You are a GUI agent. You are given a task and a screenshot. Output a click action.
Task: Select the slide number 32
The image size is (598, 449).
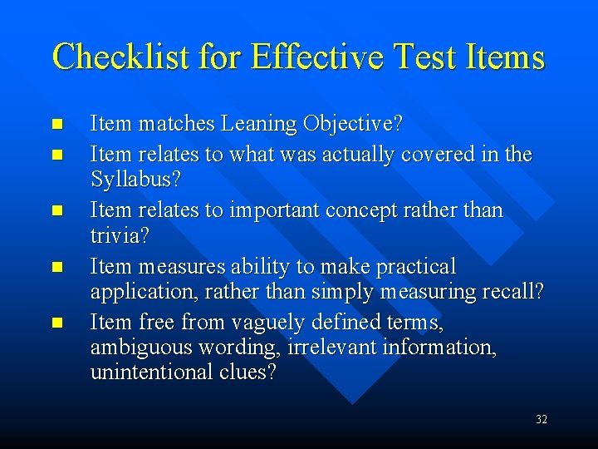[x=542, y=420]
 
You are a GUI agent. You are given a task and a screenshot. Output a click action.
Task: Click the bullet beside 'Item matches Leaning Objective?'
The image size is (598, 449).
[x=56, y=125]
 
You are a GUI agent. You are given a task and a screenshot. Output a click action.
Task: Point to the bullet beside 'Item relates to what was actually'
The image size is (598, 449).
[x=56, y=155]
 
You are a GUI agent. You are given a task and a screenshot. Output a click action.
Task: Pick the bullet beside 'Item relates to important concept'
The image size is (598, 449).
[x=56, y=210]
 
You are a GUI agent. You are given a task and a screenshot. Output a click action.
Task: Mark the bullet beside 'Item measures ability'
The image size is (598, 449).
[x=56, y=267]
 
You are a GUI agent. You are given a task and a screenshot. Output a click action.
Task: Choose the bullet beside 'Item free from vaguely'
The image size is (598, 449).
[x=56, y=322]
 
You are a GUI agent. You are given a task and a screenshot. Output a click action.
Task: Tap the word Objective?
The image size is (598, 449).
[x=353, y=125]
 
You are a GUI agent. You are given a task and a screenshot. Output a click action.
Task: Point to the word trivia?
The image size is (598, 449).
[x=120, y=236]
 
